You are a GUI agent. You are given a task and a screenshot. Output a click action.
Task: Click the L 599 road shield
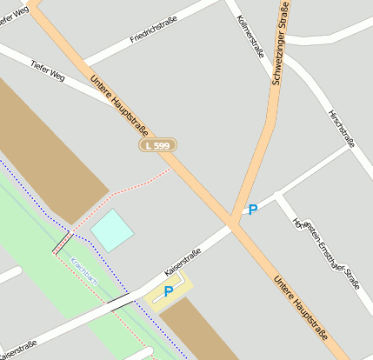click(157, 146)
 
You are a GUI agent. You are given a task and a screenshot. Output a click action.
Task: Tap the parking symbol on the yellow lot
click(168, 292)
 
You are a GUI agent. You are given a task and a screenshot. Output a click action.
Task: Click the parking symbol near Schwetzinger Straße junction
click(253, 210)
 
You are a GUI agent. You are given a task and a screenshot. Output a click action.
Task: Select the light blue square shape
click(112, 230)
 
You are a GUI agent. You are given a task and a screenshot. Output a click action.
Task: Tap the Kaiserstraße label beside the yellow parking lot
click(183, 262)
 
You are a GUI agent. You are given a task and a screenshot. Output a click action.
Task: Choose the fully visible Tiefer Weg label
click(48, 70)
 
